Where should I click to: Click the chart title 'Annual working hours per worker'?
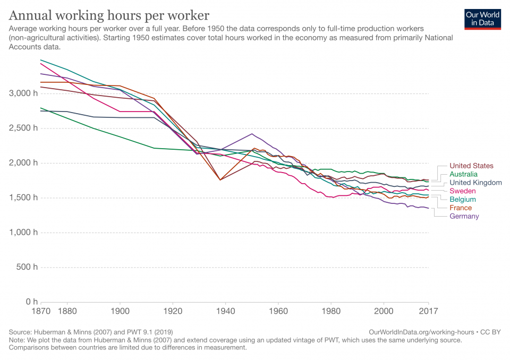109,15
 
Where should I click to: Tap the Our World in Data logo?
482,19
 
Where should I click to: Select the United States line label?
471,166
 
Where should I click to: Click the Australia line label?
463,174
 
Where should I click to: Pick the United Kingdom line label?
475,183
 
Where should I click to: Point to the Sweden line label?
463,191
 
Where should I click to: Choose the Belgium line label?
463,200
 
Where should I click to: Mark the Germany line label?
464,217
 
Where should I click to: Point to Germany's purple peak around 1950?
252,134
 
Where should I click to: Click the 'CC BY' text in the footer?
490,332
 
